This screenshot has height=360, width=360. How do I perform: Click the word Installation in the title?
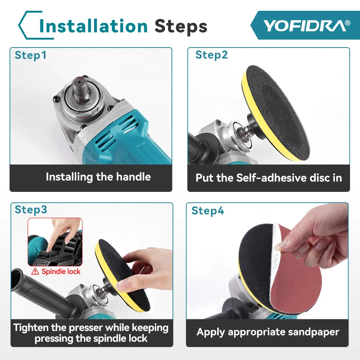(x=93, y=26)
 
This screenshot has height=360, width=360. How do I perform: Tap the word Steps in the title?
(x=181, y=26)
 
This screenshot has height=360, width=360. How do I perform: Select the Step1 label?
(x=31, y=55)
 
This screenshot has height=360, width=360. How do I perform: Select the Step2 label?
(x=212, y=55)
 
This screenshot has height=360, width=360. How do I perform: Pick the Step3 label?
(x=31, y=210)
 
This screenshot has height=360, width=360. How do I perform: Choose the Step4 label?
(x=208, y=211)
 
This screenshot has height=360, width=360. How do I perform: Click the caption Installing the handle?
(x=98, y=177)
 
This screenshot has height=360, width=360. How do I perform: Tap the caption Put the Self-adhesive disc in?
(x=269, y=178)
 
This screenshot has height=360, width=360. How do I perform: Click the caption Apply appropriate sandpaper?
(x=268, y=332)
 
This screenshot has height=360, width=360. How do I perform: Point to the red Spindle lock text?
(x=61, y=271)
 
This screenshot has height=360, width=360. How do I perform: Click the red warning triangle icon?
(x=35, y=271)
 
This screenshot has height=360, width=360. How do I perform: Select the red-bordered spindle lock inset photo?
(x=55, y=242)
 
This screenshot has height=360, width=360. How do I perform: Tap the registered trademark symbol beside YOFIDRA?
(x=347, y=23)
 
